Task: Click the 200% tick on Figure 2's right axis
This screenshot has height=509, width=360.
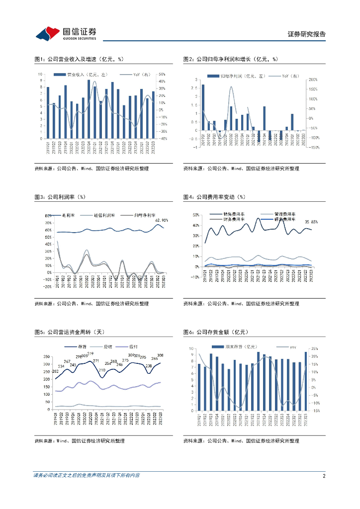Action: [x=313, y=80]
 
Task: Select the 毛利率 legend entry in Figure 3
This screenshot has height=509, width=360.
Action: [x=65, y=216]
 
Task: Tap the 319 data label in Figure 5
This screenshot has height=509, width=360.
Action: [x=90, y=353]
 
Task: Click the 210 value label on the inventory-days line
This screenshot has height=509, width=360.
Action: [x=102, y=370]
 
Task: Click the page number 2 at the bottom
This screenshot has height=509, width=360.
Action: [x=324, y=476]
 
